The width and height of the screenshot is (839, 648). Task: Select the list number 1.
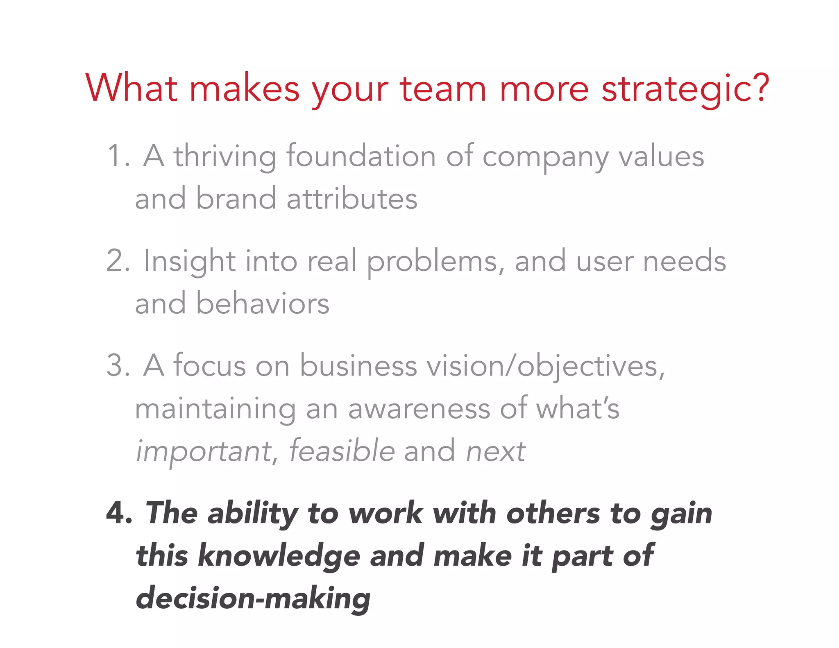[x=117, y=156]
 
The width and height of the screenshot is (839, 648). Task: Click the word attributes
[x=351, y=199]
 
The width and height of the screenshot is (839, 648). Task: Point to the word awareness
[x=419, y=409]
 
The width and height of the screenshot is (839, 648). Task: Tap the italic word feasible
[x=342, y=451]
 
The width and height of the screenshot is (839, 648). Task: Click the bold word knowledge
[x=279, y=556]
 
